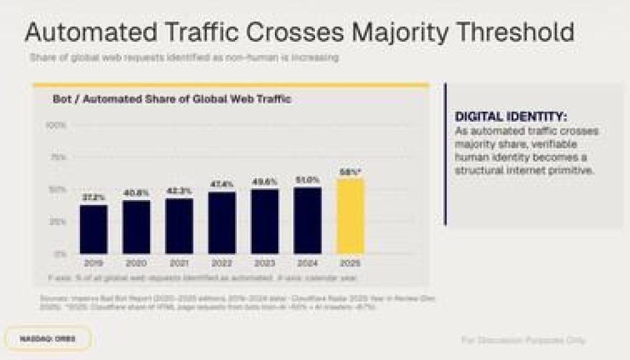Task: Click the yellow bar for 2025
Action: point(349,216)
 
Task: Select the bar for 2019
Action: point(94,229)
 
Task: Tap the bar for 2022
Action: point(221,223)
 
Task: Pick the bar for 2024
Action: point(306,220)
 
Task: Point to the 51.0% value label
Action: point(306,180)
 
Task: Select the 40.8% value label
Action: point(136,193)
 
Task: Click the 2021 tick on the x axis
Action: point(178,263)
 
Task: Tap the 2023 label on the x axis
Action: point(264,263)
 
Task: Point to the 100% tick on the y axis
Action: point(57,126)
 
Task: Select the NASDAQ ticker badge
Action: point(47,338)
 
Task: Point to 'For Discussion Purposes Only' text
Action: point(523,340)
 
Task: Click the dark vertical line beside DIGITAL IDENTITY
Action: point(445,154)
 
